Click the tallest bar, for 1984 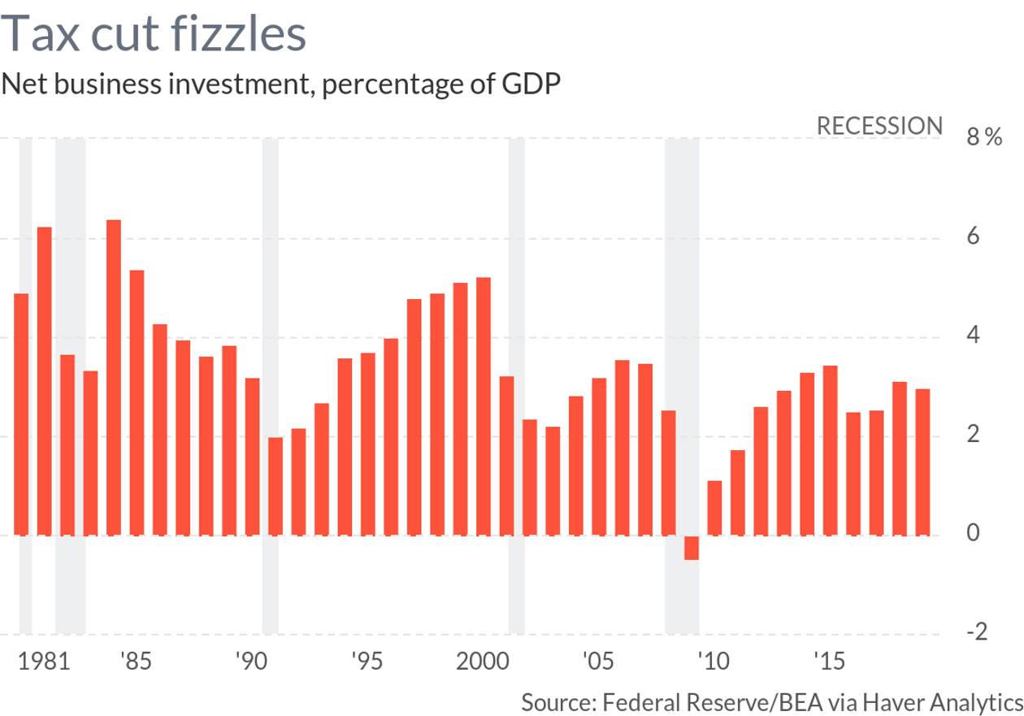[114, 377]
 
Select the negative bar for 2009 [691, 548]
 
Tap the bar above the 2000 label [484, 406]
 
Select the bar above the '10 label [714, 508]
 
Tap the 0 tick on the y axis [973, 534]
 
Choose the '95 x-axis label [366, 662]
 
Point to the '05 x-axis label [597, 662]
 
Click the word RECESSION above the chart [879, 126]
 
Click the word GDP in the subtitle [533, 84]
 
